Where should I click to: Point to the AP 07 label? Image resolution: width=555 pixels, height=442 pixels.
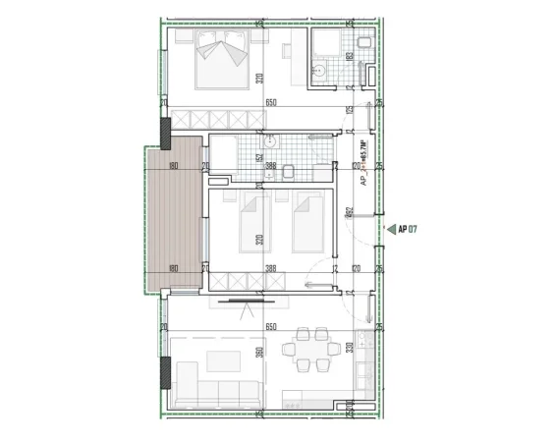point(409,229)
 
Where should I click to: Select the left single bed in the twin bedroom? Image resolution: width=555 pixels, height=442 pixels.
point(254,221)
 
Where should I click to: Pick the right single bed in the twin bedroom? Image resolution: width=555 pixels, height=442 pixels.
point(307,221)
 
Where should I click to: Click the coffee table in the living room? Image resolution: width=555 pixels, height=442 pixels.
point(223,359)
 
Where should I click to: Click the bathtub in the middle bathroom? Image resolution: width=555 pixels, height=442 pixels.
point(221,157)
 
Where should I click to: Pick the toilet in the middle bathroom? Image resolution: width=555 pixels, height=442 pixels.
point(289,174)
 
